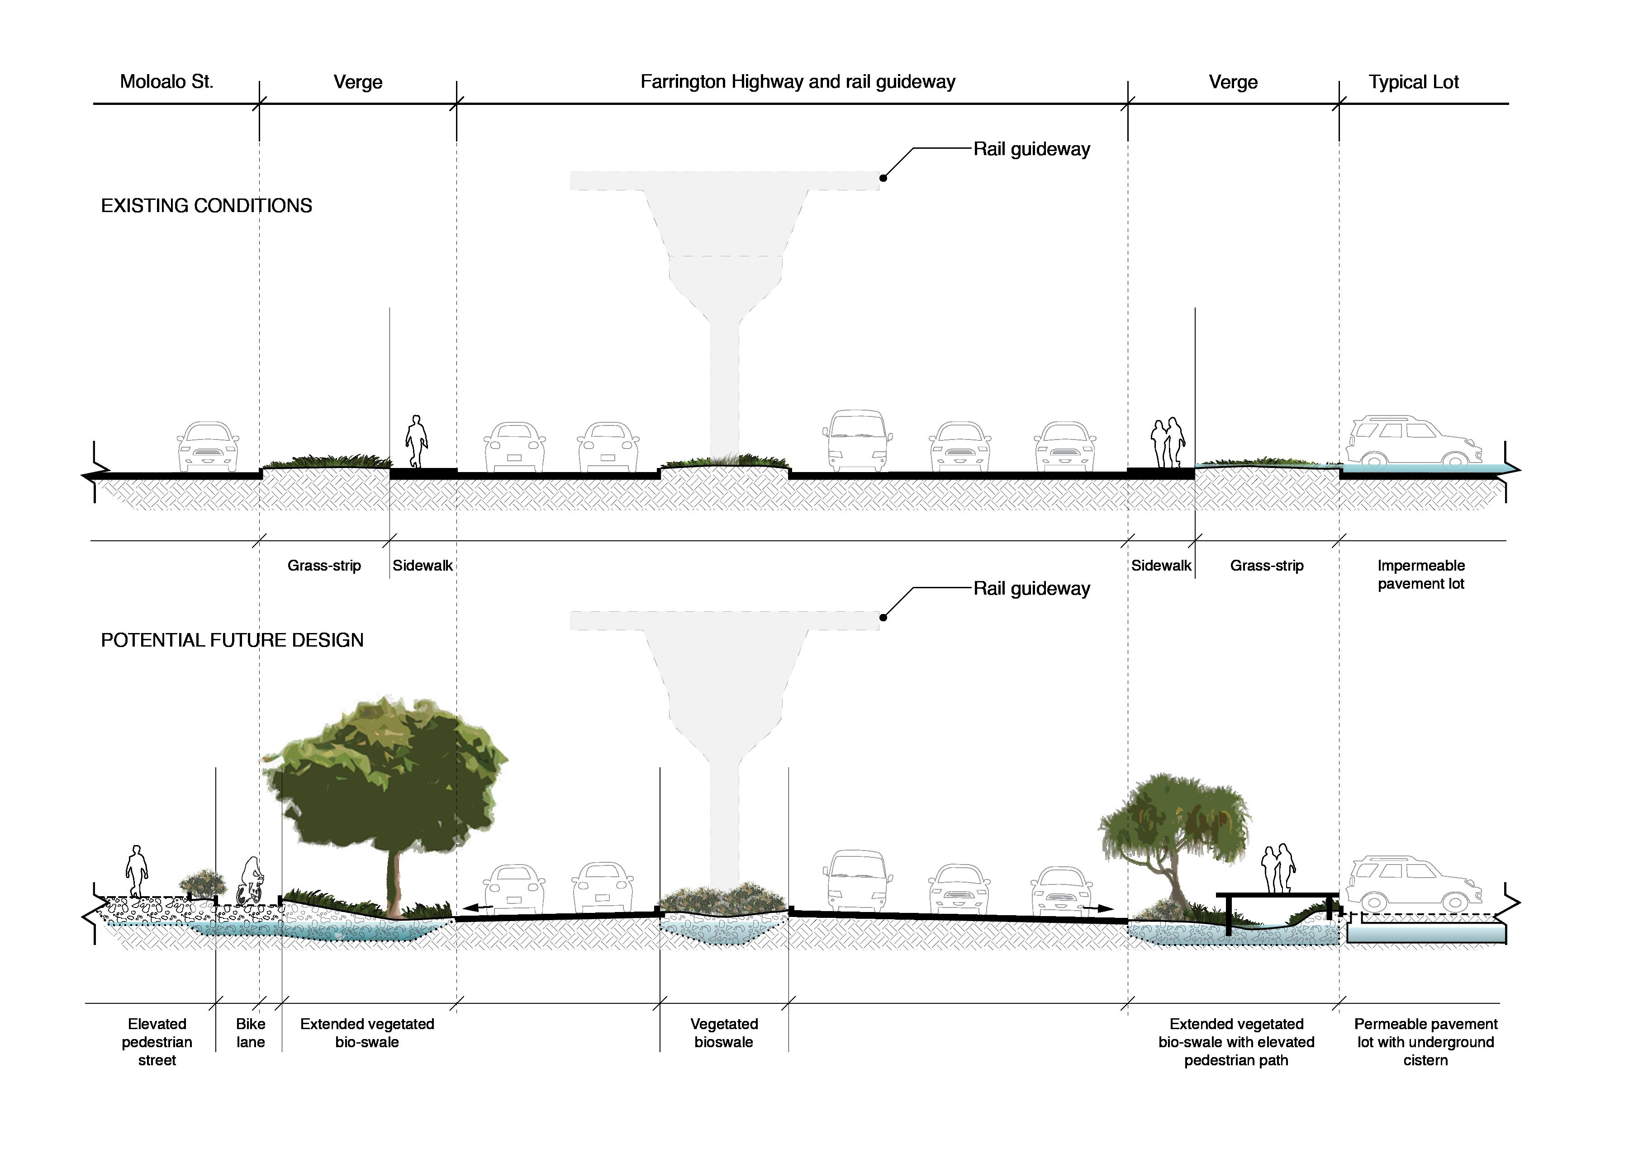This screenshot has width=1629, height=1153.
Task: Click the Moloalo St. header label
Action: click(x=166, y=82)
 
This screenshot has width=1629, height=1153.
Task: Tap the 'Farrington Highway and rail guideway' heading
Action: click(x=798, y=82)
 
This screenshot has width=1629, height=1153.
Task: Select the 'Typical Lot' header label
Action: click(x=1413, y=82)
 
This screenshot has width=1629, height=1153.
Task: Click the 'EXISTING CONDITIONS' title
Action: click(x=206, y=206)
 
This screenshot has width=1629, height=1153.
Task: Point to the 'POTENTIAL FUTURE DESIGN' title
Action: click(x=232, y=640)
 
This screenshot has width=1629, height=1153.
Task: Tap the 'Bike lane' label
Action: click(x=250, y=1033)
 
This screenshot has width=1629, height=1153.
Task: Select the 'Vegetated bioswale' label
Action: click(x=724, y=1033)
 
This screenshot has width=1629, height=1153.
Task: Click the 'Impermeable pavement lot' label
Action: click(x=1420, y=574)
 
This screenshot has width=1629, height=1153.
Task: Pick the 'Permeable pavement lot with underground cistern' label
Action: click(x=1425, y=1041)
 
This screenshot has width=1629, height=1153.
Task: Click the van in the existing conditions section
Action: click(x=857, y=440)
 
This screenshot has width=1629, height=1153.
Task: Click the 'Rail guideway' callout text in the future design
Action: click(x=1031, y=589)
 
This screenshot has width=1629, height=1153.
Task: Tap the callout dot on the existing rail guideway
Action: click(x=883, y=178)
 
